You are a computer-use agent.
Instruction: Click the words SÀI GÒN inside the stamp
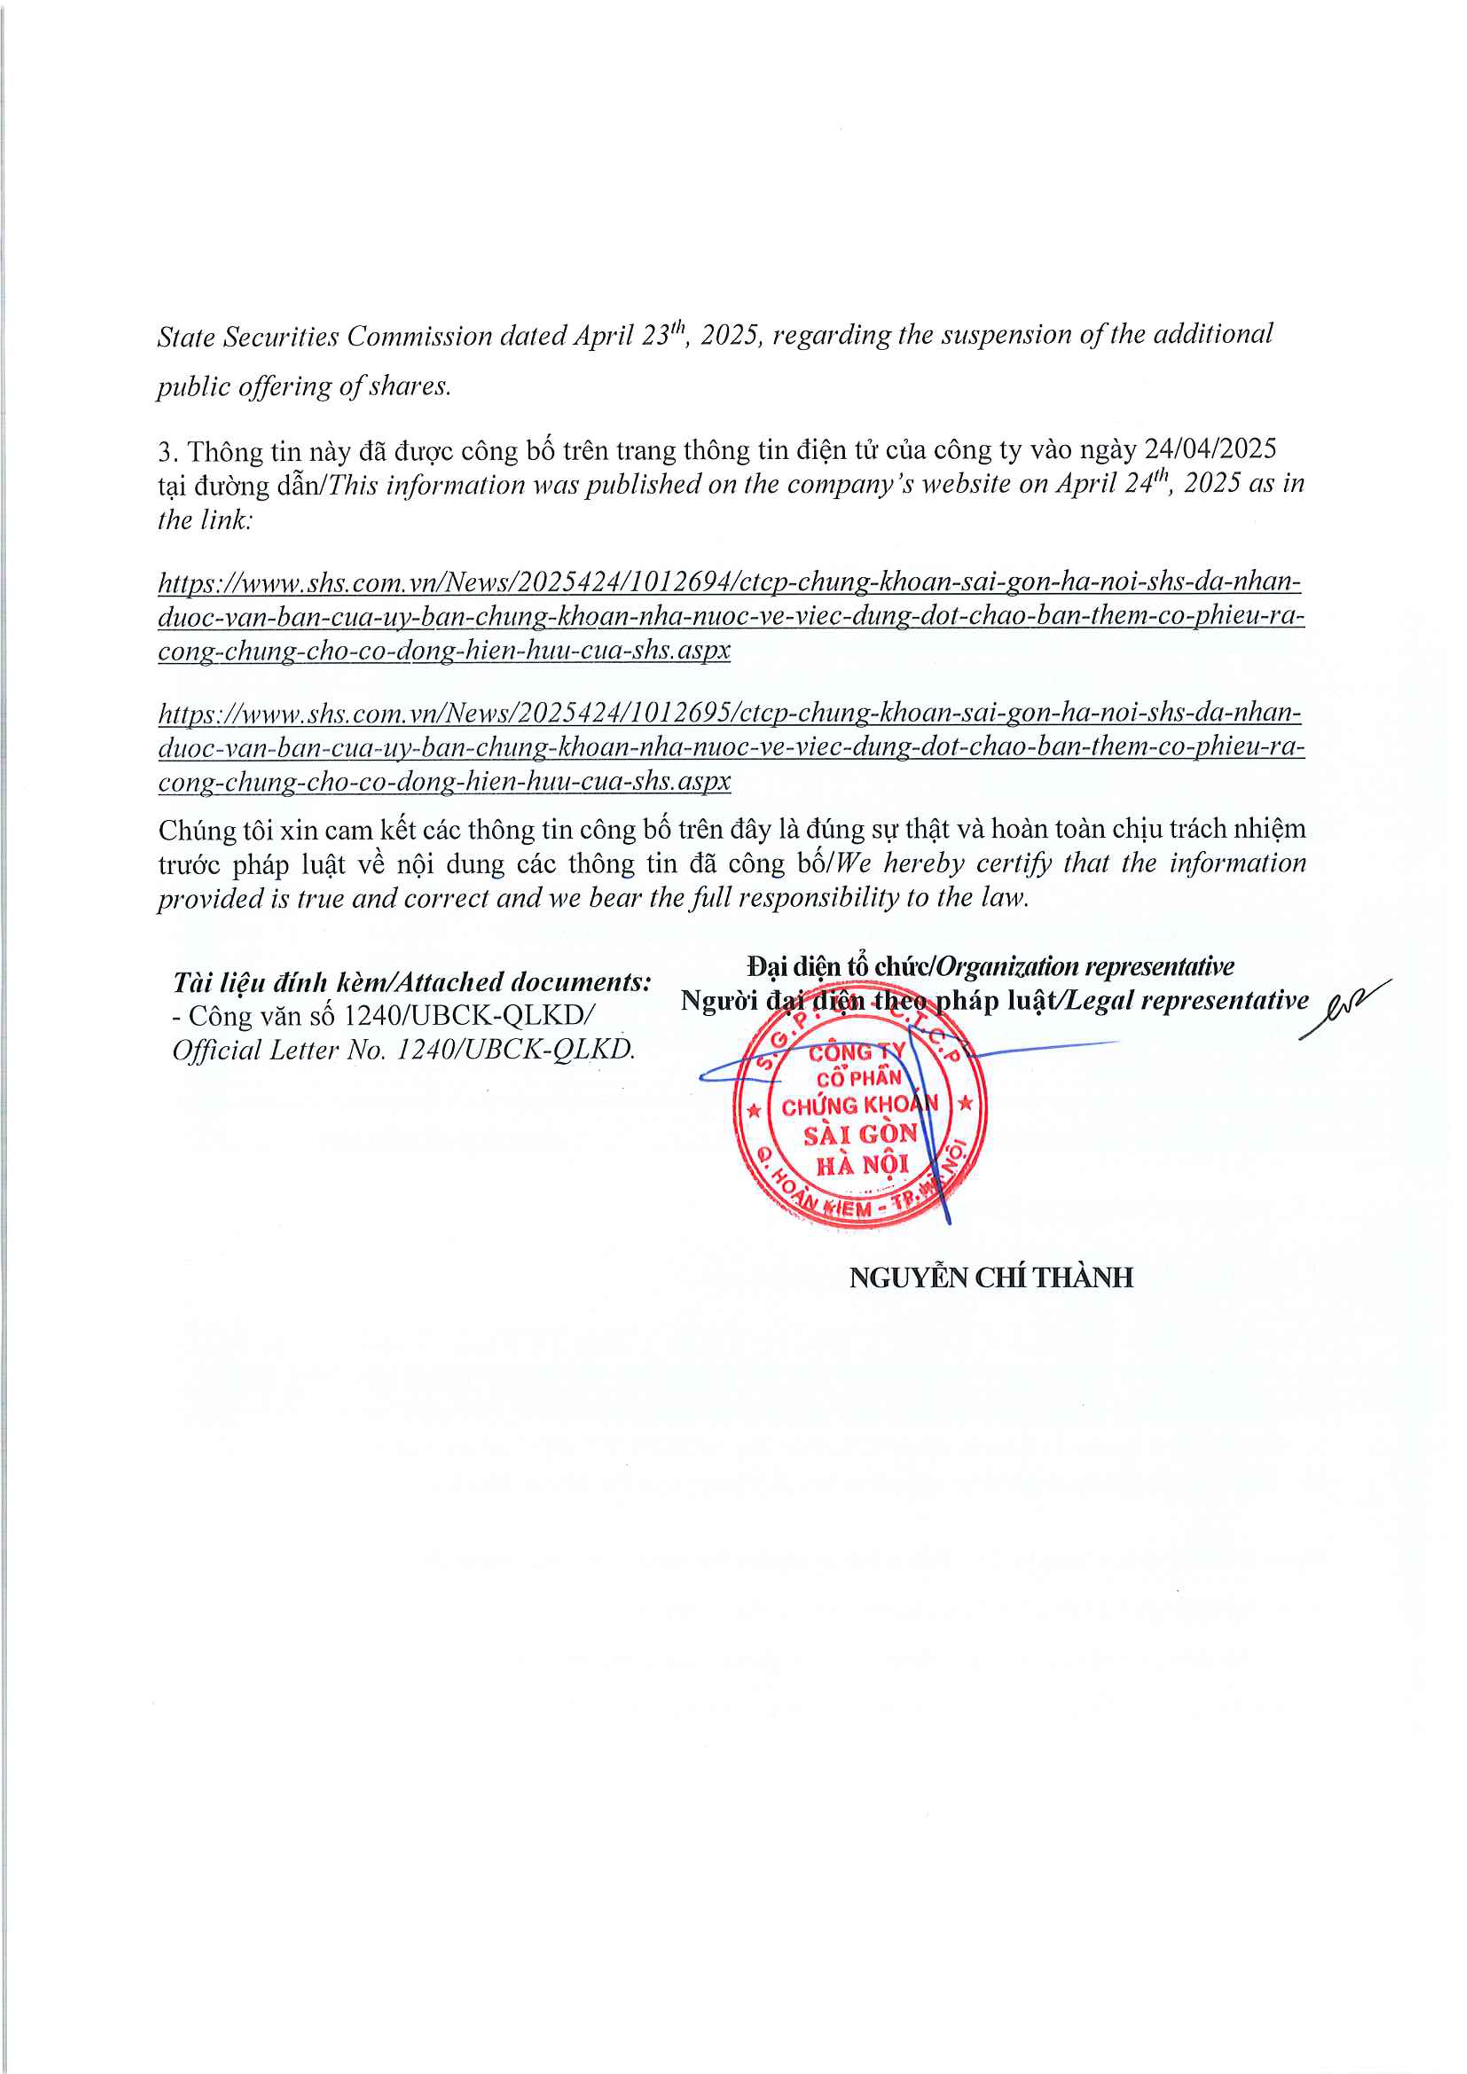pos(860,1135)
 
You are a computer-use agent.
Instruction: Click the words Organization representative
pos(1084,967)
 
